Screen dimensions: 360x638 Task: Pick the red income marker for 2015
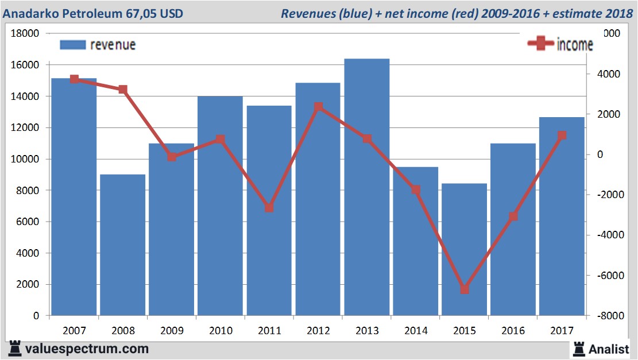[465, 289]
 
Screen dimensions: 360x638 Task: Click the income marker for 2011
[269, 207]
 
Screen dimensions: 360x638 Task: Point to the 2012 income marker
[318, 107]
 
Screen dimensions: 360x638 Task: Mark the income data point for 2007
[74, 79]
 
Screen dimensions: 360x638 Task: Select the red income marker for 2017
[562, 136]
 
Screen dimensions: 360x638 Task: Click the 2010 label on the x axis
[221, 331]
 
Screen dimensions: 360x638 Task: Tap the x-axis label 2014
[416, 331]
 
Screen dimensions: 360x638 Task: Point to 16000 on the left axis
[26, 65]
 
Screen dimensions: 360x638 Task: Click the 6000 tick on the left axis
[28, 222]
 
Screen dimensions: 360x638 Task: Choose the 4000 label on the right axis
[608, 74]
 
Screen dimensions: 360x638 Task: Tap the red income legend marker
[540, 44]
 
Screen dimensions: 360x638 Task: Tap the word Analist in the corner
[610, 349]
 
